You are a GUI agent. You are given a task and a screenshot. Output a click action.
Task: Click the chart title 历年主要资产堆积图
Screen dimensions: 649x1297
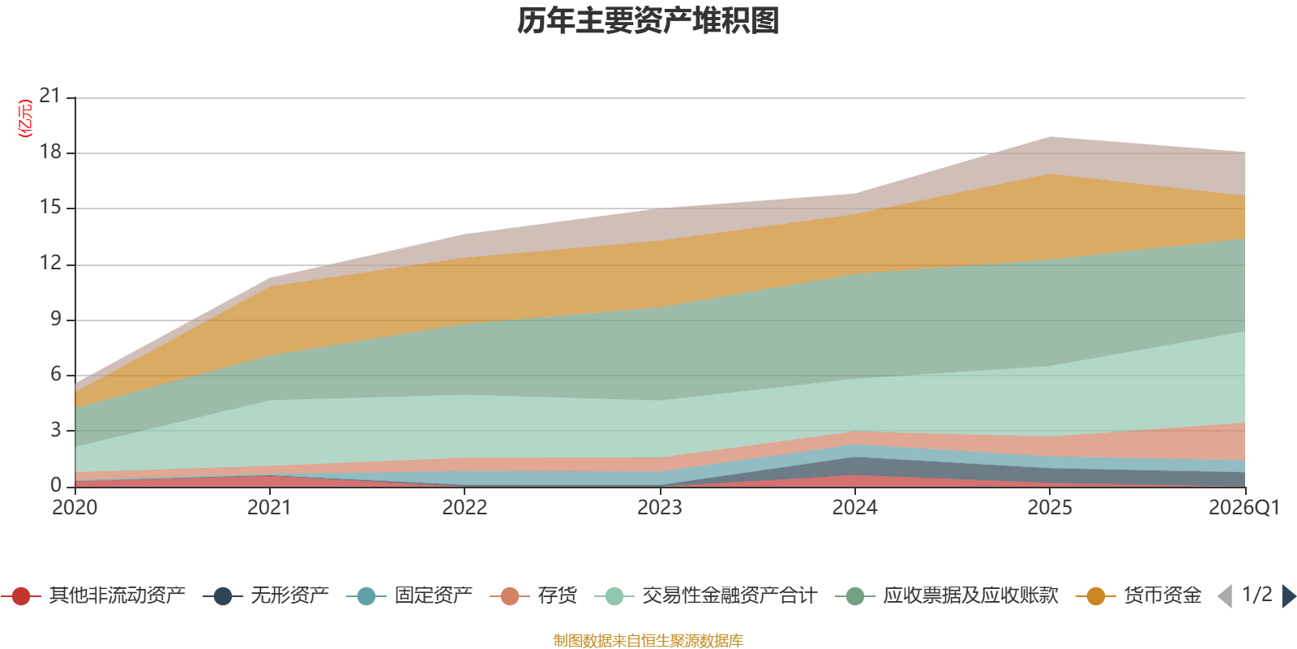[x=648, y=21]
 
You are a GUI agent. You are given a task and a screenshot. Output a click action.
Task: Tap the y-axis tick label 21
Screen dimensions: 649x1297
[x=50, y=96]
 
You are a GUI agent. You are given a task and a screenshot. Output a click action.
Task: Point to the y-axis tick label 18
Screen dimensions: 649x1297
[x=50, y=152]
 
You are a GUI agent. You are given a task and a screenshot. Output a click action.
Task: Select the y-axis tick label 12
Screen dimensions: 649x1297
[x=50, y=263]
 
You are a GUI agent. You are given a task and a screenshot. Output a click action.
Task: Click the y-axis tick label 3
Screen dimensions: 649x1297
[x=55, y=430]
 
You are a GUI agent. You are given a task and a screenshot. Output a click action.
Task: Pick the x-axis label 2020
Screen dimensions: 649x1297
[x=75, y=508]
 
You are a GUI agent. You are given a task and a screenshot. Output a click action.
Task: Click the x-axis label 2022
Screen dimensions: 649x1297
[x=464, y=508]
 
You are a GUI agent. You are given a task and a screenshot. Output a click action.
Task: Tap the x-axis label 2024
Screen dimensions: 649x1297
[x=854, y=508]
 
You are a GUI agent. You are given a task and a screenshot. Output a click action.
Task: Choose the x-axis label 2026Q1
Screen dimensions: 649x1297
[x=1243, y=508]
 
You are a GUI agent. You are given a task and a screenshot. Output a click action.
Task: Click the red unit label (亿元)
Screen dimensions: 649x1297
[x=25, y=118]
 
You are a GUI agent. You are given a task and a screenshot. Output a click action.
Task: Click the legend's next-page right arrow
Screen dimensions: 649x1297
[x=1289, y=596]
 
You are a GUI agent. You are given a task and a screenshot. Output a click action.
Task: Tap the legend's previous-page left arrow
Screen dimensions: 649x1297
[x=1225, y=596]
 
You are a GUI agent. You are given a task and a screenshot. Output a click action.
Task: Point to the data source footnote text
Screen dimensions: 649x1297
[x=648, y=641]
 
